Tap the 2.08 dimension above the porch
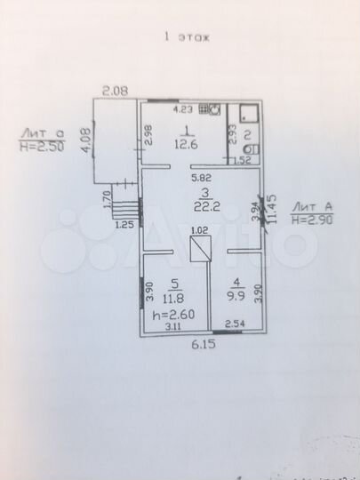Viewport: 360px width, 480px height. pos(115,89)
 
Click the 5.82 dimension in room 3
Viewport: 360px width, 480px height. pos(203,179)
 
